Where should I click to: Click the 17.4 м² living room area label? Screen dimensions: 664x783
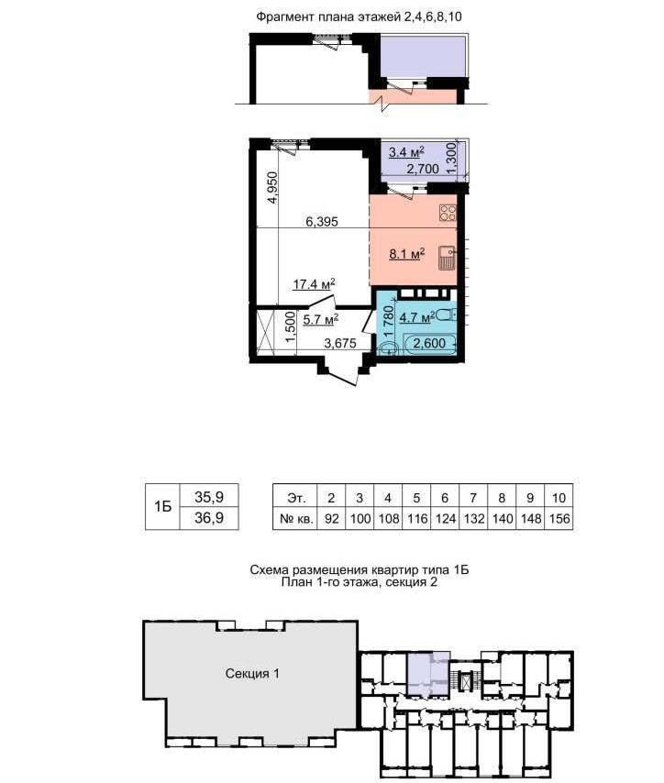point(314,284)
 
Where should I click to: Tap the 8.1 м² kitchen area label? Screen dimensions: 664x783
point(407,254)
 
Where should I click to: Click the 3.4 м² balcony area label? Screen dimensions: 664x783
point(406,151)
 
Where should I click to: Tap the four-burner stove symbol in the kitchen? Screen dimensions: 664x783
point(448,213)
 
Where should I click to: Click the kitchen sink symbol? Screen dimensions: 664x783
point(448,259)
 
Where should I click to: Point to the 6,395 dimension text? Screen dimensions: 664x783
point(322,221)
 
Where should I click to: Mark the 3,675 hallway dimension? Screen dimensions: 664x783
point(340,343)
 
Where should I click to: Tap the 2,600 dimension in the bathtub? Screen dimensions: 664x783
point(429,343)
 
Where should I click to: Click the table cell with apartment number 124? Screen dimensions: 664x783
point(445,518)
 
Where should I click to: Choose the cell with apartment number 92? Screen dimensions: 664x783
point(331,518)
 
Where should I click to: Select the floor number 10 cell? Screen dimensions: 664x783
point(559,497)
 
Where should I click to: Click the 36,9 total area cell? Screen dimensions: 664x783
point(209,518)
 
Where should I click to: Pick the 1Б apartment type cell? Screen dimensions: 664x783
point(162,506)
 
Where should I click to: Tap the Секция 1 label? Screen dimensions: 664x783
point(252,674)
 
